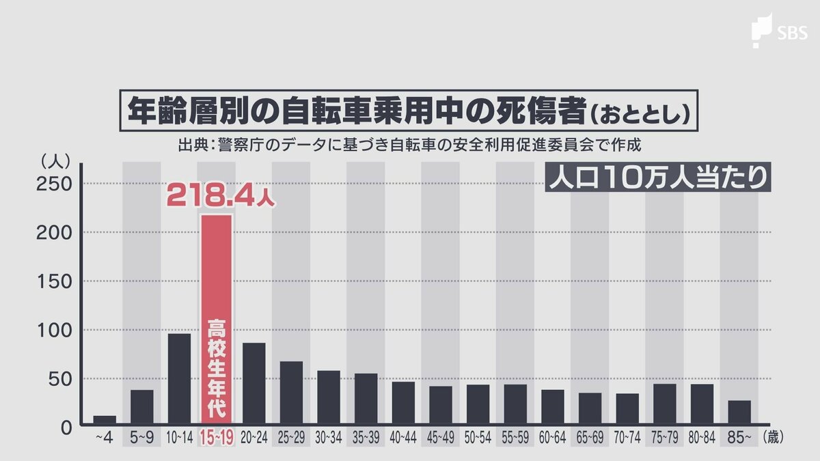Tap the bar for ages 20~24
254,383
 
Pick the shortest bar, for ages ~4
105,420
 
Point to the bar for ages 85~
739,413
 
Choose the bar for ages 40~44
403,403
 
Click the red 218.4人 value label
221,196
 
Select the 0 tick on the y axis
66,428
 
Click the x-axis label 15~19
216,438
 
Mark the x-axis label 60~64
552,438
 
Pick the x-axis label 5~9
141,438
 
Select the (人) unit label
53,161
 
